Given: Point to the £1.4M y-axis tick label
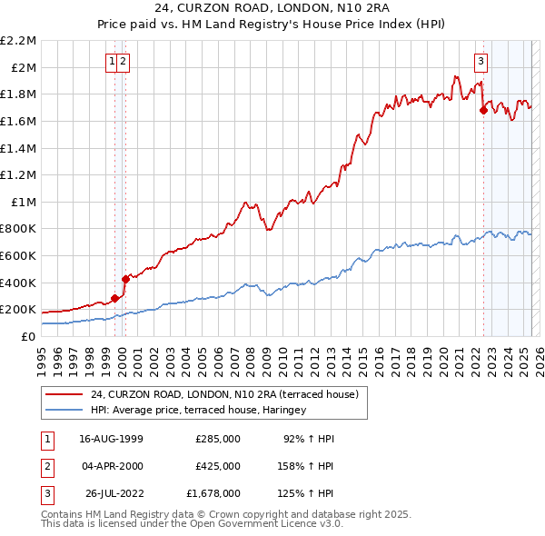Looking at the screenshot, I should pos(19,148).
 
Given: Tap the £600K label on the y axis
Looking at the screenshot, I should pos(19,255).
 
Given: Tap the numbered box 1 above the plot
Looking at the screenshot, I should pos(112,62).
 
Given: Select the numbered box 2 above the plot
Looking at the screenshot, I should pos(123,62).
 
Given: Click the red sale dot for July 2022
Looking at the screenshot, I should pos(483,110).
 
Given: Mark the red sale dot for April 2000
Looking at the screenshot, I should pos(125,279).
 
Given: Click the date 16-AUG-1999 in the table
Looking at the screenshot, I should pos(111,439).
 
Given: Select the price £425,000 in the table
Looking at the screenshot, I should pos(218,466).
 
